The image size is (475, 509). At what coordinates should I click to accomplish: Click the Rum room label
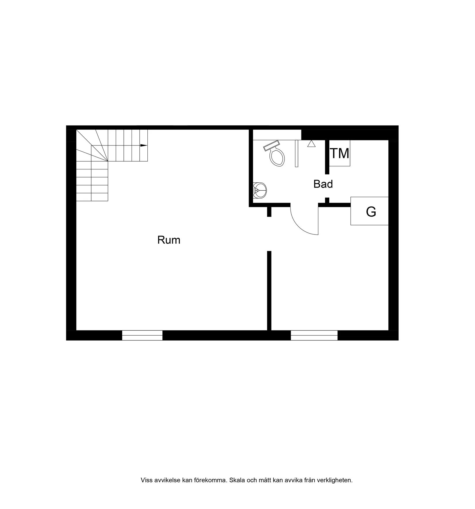pyautogui.click(x=169, y=240)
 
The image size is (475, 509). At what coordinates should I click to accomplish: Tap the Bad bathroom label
pyautogui.click(x=323, y=184)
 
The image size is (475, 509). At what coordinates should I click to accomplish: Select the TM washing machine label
pyautogui.click(x=340, y=153)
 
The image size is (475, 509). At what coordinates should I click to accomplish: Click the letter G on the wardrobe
pyautogui.click(x=371, y=212)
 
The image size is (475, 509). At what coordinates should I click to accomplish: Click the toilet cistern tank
pyautogui.click(x=271, y=146)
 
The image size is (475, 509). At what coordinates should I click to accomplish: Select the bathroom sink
pyautogui.click(x=260, y=190)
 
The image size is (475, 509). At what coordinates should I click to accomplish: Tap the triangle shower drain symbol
pyautogui.click(x=311, y=144)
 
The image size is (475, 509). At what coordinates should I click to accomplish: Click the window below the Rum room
pyautogui.click(x=142, y=335)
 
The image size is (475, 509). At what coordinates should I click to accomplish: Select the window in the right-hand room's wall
pyautogui.click(x=314, y=335)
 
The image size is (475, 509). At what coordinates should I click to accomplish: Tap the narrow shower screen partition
pyautogui.click(x=297, y=154)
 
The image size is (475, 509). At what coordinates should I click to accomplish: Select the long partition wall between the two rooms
pyautogui.click(x=269, y=291)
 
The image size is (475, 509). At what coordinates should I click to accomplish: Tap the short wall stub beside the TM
pyautogui.click(x=327, y=157)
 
